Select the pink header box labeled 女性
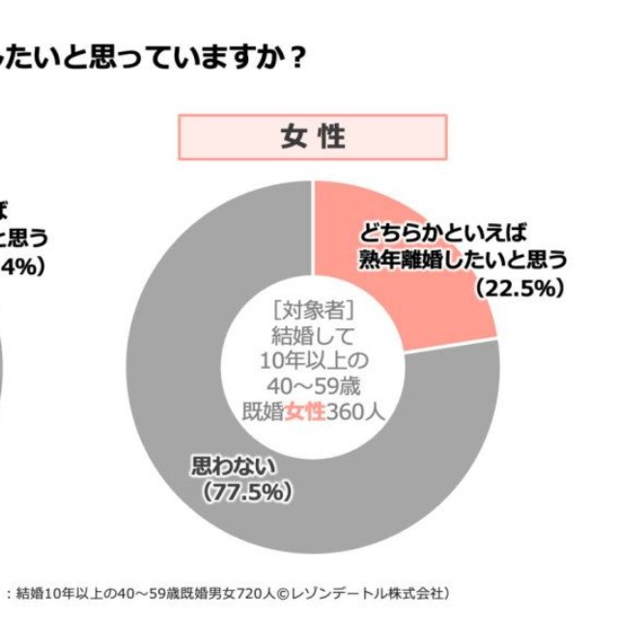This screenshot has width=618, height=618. click(x=313, y=137)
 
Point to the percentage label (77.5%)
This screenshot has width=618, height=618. click(x=246, y=492)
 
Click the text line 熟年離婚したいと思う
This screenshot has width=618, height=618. click(x=462, y=260)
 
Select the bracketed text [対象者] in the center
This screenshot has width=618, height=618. click(x=313, y=311)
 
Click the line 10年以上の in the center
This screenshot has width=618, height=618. click(x=313, y=361)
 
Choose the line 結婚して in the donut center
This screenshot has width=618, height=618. click(x=313, y=336)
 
